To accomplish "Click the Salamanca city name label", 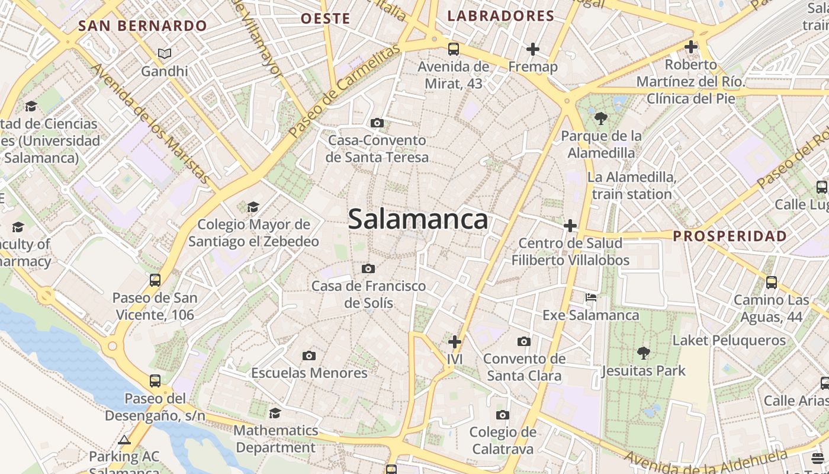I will click(x=418, y=219).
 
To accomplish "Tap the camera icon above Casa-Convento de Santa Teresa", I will click(x=377, y=123).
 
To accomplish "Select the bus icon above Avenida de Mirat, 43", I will click(x=454, y=49).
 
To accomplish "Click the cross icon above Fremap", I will click(x=533, y=49).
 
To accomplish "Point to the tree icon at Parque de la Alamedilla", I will click(x=601, y=118).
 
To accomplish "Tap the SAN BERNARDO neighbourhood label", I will click(x=143, y=26).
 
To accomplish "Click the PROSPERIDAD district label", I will click(x=730, y=236).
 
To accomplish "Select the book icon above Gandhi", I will click(x=165, y=54).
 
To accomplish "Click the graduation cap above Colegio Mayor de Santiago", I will click(x=253, y=207).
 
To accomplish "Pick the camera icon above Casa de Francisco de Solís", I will click(x=368, y=269).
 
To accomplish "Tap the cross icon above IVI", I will click(x=455, y=342).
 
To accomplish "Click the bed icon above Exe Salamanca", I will click(x=591, y=297).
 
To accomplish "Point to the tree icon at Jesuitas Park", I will click(x=643, y=354).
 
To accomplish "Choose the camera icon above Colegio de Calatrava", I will click(x=503, y=415).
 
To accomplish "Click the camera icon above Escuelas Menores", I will click(x=309, y=355).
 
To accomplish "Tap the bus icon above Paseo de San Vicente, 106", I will click(x=155, y=280).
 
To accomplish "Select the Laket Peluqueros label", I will click(x=729, y=341).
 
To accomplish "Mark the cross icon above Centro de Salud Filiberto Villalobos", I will click(x=570, y=226).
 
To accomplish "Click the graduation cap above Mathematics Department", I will click(x=275, y=413).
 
